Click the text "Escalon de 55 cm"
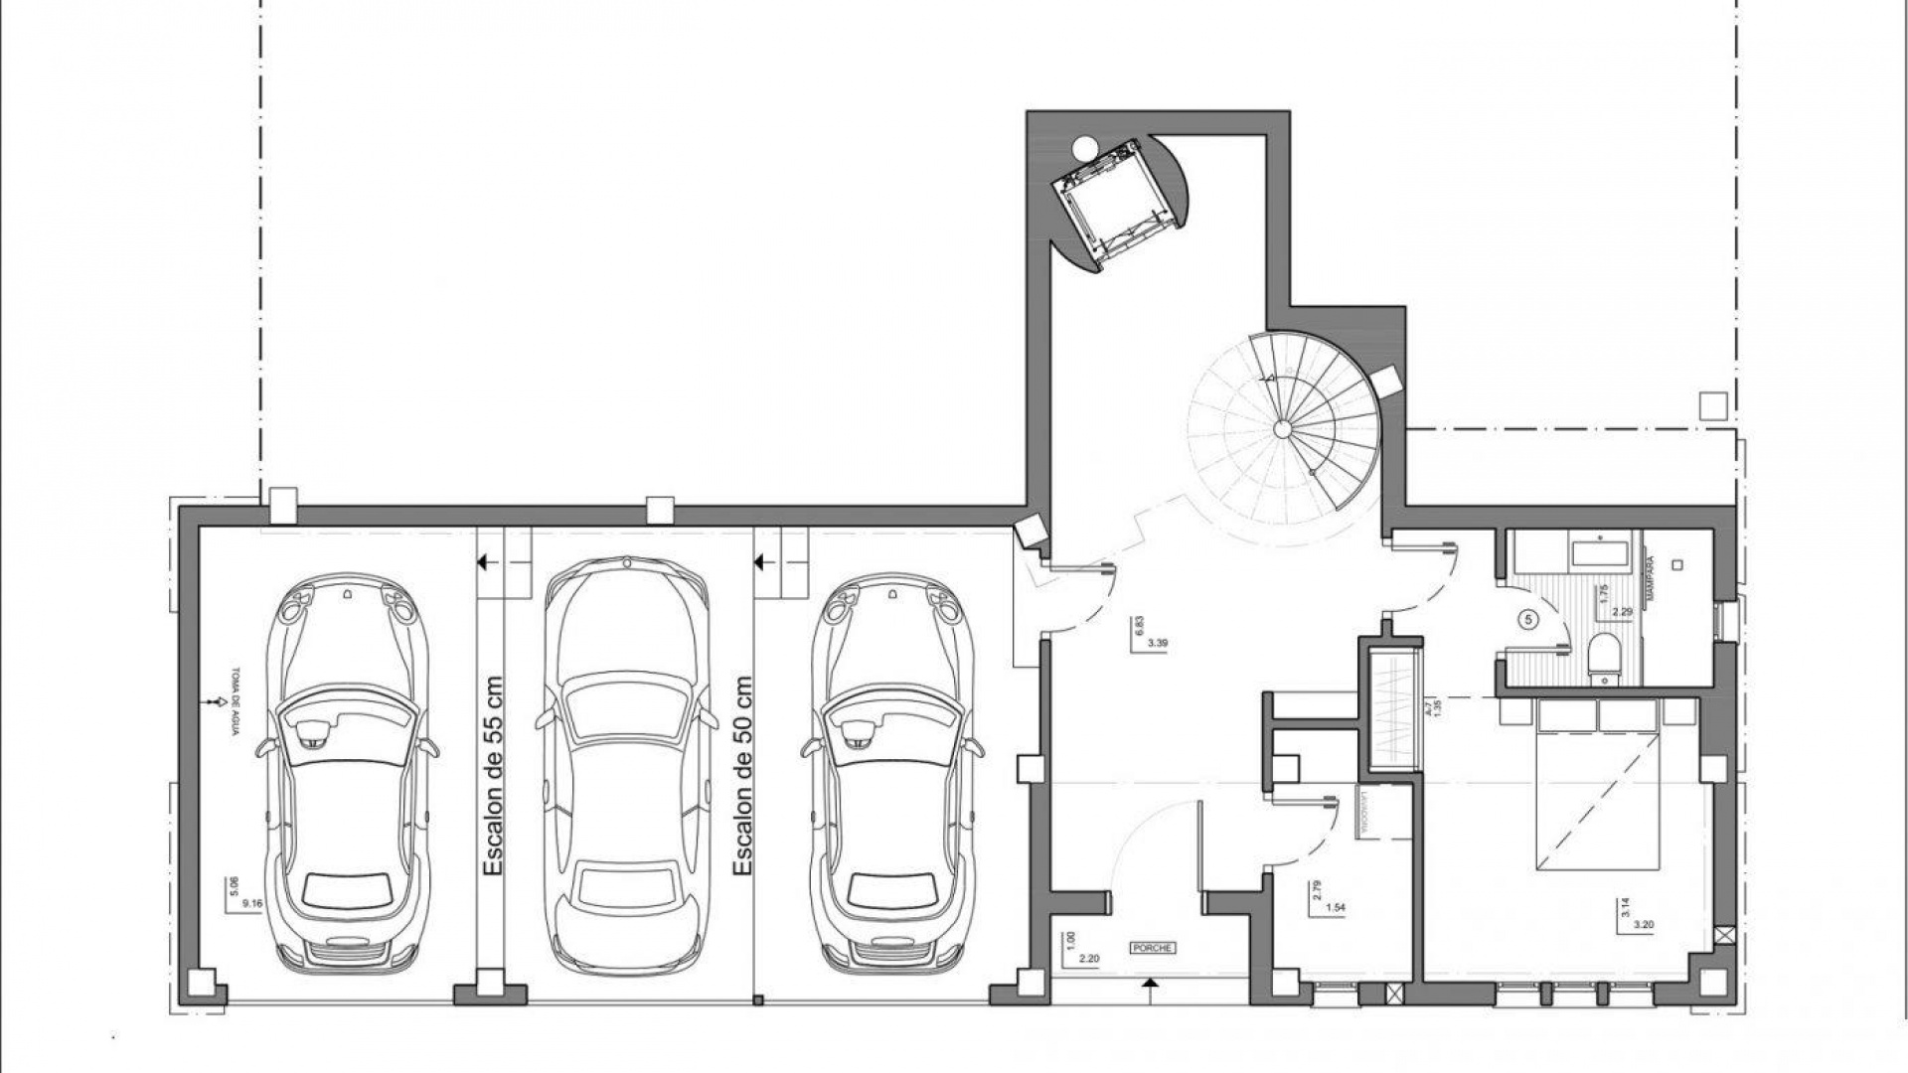point(493,776)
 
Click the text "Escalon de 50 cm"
point(740,776)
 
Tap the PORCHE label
point(1153,948)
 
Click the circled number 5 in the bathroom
point(1528,618)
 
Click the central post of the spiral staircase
point(1282,428)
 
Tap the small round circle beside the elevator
point(1082,148)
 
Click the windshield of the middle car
point(626,716)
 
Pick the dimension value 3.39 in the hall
point(1157,643)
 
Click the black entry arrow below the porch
point(1151,985)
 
